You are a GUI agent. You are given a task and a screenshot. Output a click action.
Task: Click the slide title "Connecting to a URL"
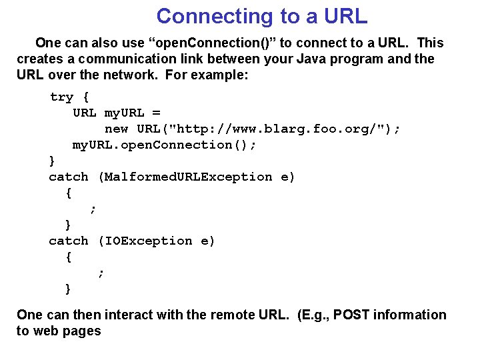coord(261,16)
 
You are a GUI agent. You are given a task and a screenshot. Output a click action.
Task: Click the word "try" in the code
coord(61,97)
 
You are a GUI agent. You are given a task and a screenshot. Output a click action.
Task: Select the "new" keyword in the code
coord(116,129)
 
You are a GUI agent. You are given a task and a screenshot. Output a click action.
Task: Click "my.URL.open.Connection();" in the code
coord(164,145)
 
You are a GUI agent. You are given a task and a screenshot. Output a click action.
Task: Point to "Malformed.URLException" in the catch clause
coord(189,177)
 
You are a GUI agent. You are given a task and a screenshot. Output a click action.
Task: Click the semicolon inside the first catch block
coord(93,209)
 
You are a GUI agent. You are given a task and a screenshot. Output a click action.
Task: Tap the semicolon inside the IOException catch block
coord(101,273)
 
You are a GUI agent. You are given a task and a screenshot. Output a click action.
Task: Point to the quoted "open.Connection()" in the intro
coord(215,43)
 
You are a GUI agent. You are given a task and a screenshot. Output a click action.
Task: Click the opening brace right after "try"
coord(85,97)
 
